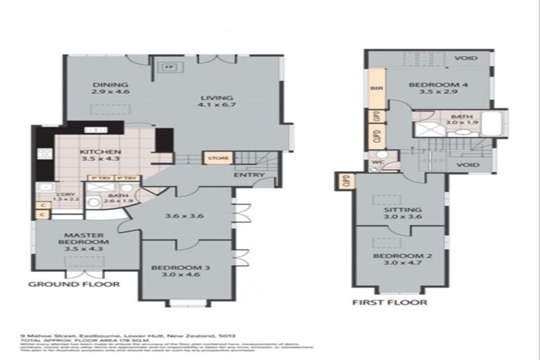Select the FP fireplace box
[169, 67]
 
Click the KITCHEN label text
[101, 152]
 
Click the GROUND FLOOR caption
[73, 284]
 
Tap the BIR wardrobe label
[375, 89]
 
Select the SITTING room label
[399, 210]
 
